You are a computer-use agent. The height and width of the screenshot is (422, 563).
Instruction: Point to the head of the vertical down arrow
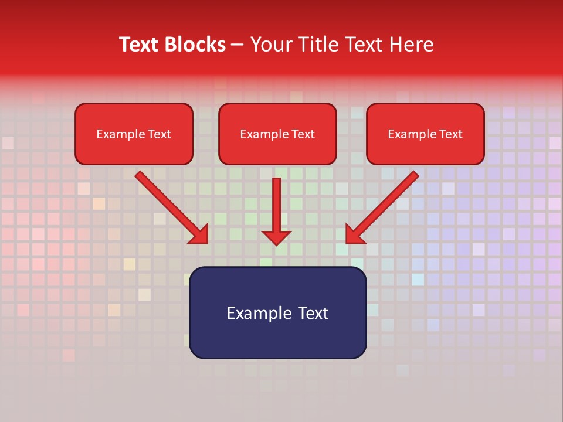pos(276,237)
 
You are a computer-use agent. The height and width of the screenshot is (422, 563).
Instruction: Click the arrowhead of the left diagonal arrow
pos(201,236)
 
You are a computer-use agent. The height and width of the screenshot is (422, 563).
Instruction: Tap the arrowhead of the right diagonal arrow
pos(354,236)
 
